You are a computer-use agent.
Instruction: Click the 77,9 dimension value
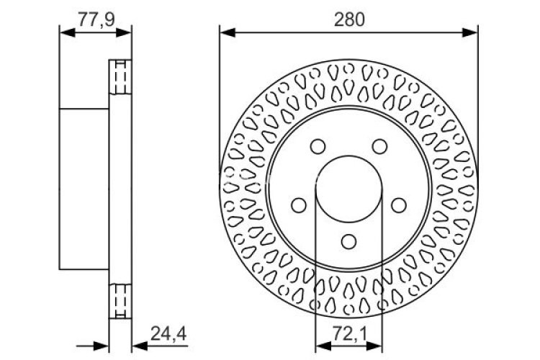click(x=96, y=19)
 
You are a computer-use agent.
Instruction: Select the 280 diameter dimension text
click(x=348, y=19)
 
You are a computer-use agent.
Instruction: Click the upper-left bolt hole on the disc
click(x=317, y=147)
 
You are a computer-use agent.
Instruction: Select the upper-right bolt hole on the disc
click(x=379, y=147)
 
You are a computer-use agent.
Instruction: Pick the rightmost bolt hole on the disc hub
click(x=398, y=205)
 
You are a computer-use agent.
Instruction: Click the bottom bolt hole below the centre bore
click(x=348, y=241)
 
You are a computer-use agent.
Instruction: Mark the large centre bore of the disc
click(x=348, y=189)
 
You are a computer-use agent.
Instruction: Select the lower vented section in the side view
click(x=120, y=301)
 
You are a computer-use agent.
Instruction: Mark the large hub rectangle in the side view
click(x=84, y=189)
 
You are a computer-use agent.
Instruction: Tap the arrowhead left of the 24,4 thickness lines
click(x=102, y=345)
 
